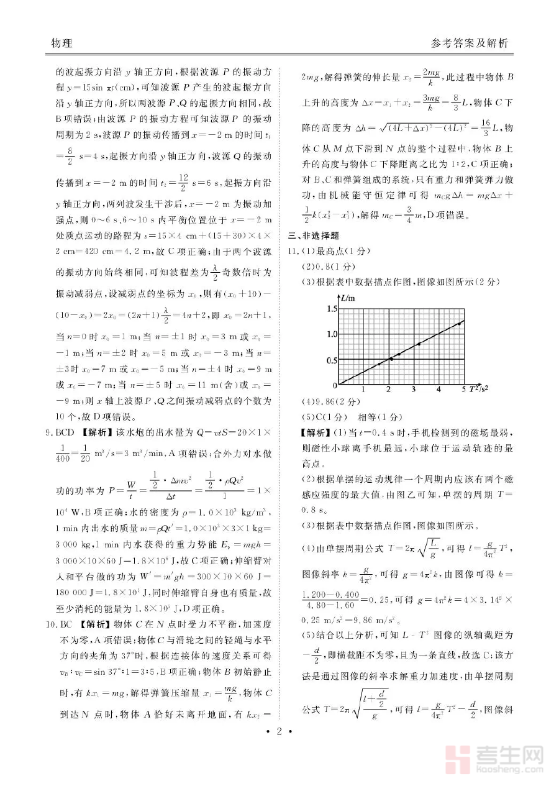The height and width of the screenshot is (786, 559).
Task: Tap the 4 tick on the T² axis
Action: click(439, 390)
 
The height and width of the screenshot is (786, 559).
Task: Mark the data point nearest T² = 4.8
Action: click(460, 323)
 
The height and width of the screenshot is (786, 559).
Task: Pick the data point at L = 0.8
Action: click(419, 344)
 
